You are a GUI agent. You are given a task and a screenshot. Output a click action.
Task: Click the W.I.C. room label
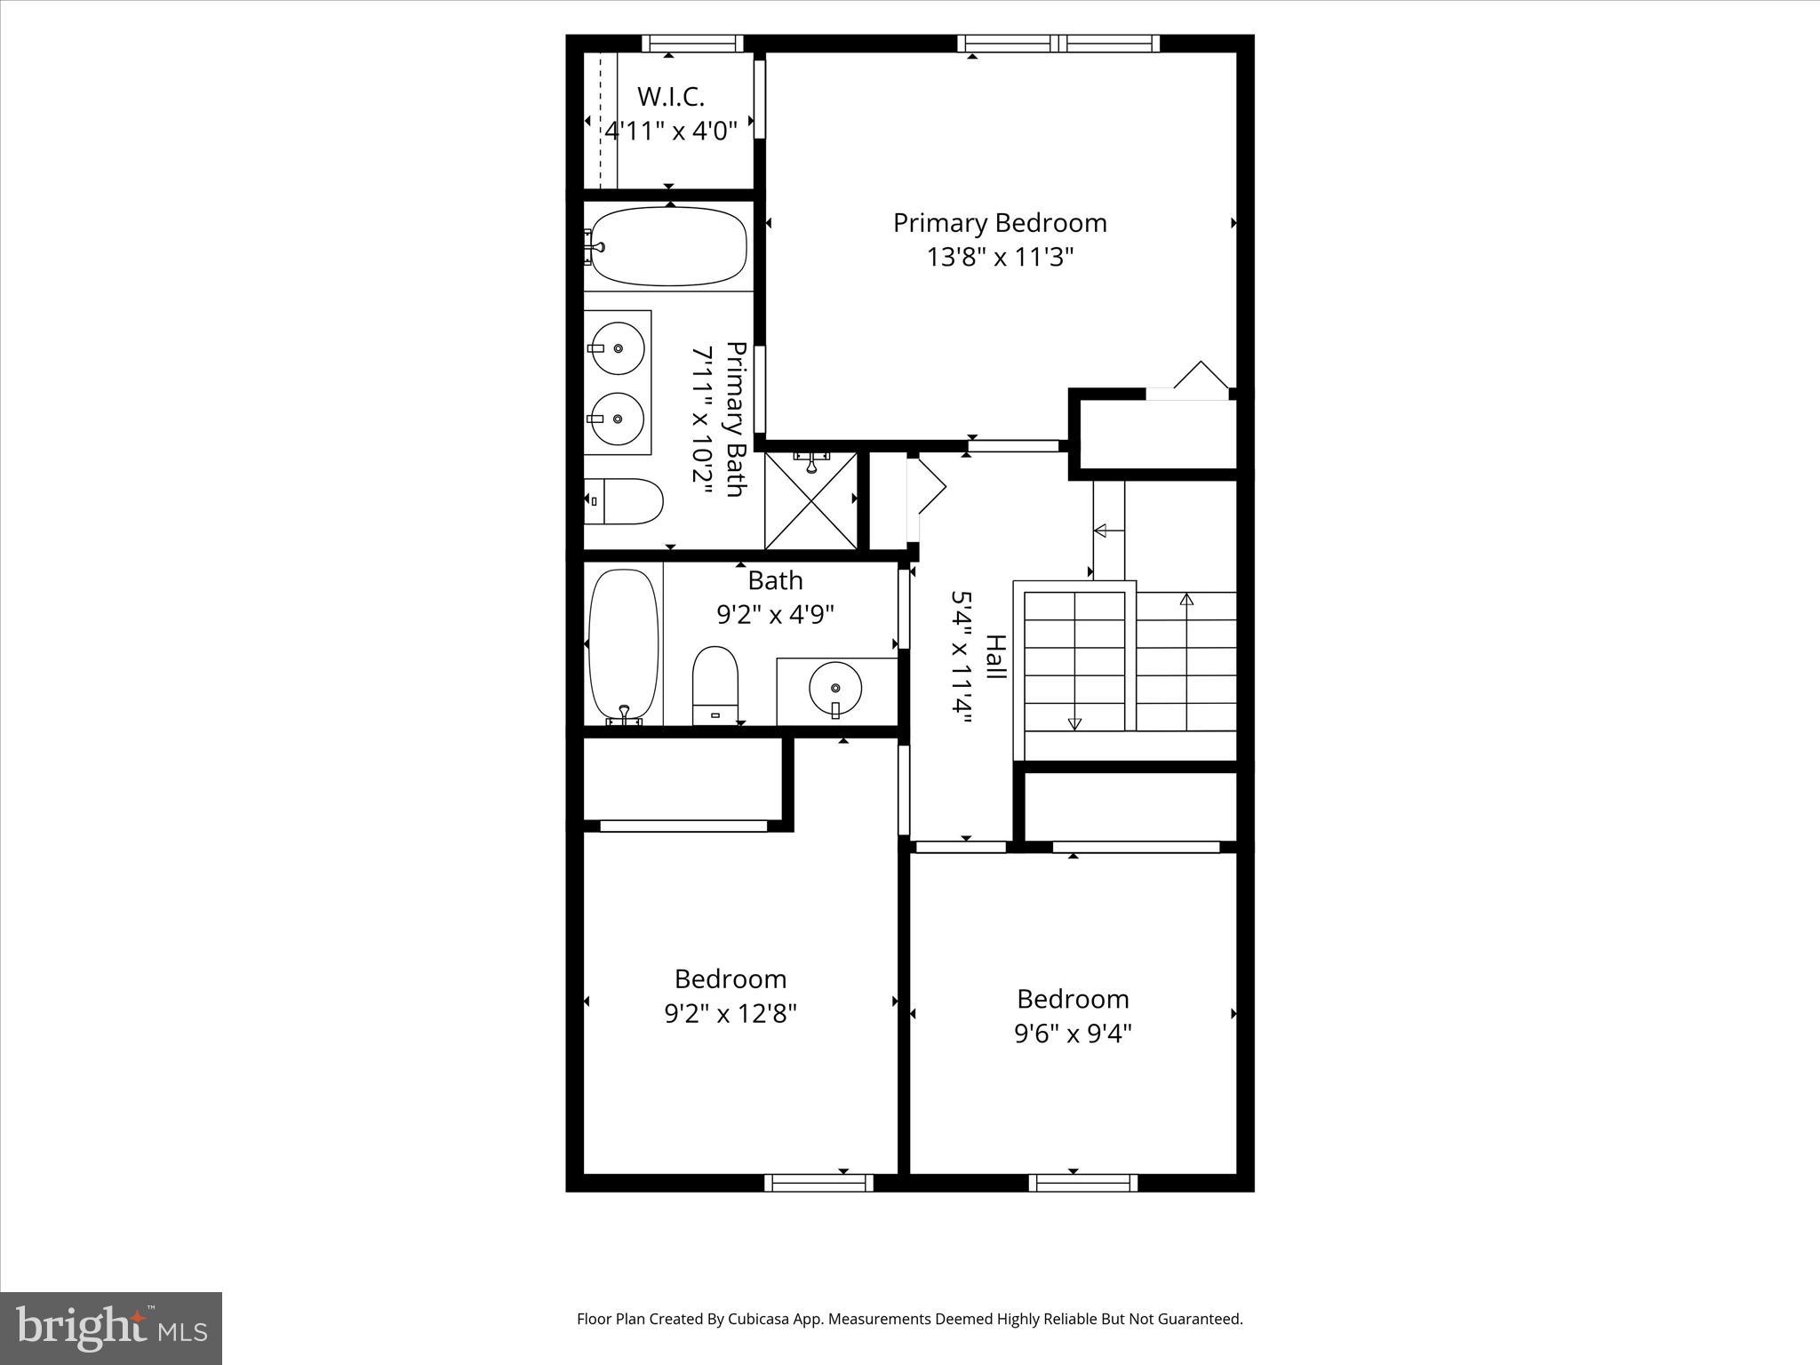tap(670, 96)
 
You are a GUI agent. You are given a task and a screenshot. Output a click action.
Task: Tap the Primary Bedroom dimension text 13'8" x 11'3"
tap(1000, 258)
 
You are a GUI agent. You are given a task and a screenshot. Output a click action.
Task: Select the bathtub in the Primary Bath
tap(668, 246)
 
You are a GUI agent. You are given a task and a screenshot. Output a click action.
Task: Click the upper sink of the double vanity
tap(618, 347)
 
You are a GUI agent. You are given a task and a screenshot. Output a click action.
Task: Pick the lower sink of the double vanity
tap(618, 419)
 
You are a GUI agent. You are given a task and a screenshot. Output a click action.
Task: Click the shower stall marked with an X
tap(810, 501)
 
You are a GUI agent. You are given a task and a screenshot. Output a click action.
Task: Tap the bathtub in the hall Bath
tap(624, 645)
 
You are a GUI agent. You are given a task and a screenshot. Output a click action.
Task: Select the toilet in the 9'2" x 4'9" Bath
tap(715, 685)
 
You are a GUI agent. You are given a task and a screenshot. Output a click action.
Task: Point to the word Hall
tap(994, 658)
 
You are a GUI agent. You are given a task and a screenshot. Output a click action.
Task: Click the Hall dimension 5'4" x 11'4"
tap(960, 658)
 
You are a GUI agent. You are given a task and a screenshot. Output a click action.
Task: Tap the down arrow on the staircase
tap(1074, 722)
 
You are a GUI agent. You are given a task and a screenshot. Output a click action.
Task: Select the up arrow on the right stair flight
tap(1186, 599)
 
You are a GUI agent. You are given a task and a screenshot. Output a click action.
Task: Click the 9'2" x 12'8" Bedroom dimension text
tap(730, 1014)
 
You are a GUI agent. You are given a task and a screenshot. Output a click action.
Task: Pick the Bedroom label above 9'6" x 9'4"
tap(1073, 999)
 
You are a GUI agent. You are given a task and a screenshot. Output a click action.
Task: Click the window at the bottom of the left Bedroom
tap(818, 1182)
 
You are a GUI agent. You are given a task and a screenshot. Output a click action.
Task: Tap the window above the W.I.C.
tap(692, 43)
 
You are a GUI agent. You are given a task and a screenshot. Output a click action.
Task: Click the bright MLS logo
tap(111, 1329)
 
